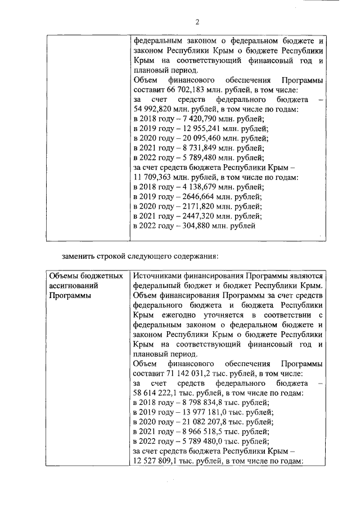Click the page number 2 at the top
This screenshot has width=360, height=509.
pos(197,22)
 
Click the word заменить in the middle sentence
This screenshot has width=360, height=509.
pos(78,256)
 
